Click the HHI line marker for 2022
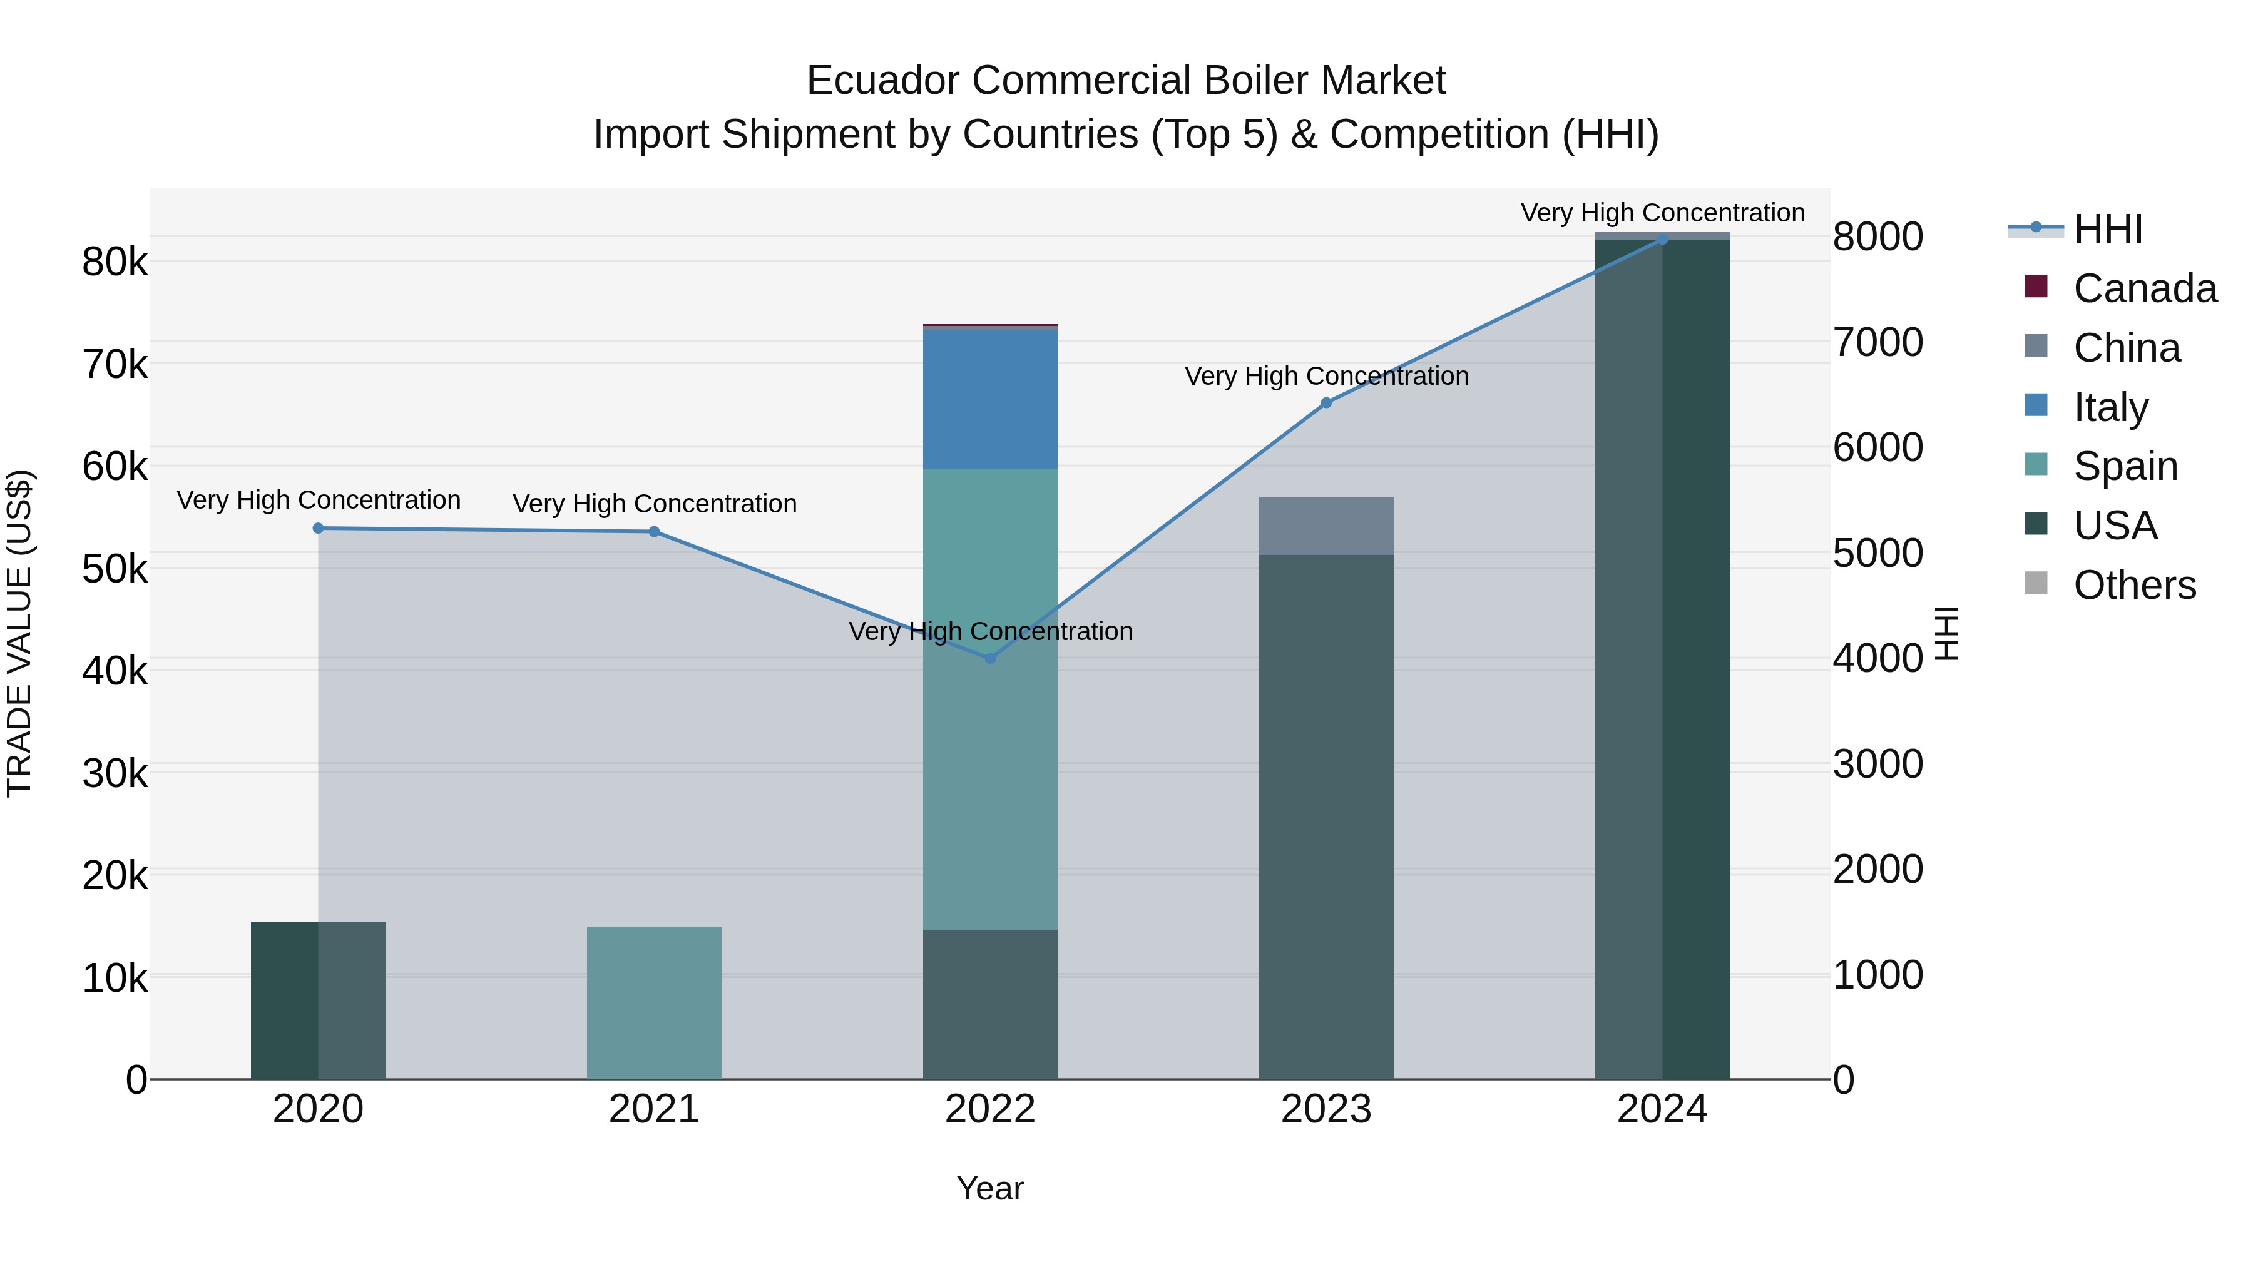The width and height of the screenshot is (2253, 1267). (990, 658)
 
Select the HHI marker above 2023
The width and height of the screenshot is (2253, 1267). (1326, 403)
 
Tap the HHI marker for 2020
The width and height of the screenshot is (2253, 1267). (319, 528)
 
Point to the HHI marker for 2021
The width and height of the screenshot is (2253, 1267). (654, 532)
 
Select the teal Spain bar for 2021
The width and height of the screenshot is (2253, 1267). (654, 1002)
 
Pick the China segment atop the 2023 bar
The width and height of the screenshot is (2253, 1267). (1326, 526)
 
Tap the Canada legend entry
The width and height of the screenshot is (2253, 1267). (2143, 288)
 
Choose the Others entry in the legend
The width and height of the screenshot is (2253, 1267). (2134, 585)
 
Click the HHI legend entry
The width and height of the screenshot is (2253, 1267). (2107, 229)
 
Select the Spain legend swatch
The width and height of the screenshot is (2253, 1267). (2036, 464)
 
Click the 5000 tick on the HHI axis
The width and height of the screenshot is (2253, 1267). (1877, 554)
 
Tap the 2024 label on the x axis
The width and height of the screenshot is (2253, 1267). (1662, 1109)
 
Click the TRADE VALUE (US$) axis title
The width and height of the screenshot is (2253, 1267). (20, 633)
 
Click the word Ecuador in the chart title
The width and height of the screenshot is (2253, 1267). (883, 81)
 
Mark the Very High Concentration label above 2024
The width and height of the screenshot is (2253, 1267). (1662, 213)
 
